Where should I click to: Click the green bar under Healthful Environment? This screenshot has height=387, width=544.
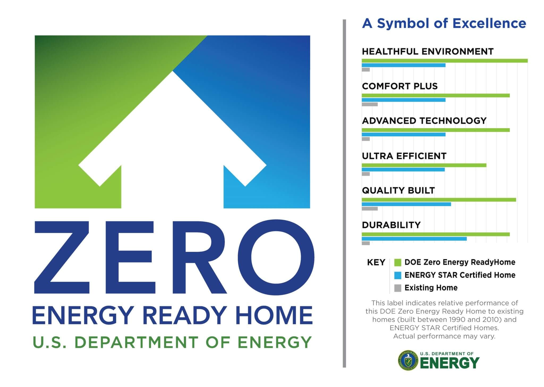click(444, 61)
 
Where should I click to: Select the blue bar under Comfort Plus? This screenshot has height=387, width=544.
click(403, 100)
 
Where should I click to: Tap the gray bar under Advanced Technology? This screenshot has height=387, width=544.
click(366, 139)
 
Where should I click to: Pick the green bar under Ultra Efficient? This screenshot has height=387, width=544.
click(424, 165)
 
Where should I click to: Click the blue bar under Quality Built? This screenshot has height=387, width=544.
click(406, 204)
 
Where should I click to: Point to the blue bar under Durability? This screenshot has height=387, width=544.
click(414, 239)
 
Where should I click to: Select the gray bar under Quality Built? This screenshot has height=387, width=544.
click(369, 209)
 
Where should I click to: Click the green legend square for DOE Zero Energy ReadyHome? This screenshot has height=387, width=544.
click(398, 262)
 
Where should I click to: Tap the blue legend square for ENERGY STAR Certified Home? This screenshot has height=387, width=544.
click(398, 275)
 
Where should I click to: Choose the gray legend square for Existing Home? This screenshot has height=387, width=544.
click(398, 288)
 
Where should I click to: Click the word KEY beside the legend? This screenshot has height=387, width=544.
click(376, 262)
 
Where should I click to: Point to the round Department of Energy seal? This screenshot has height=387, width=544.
click(408, 360)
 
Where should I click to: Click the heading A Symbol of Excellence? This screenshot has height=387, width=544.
click(444, 23)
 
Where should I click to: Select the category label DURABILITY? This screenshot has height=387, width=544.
click(391, 225)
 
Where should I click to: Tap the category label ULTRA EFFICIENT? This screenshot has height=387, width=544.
click(404, 156)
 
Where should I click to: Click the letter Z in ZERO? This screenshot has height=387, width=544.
click(62, 257)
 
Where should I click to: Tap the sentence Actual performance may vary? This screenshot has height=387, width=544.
click(444, 336)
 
